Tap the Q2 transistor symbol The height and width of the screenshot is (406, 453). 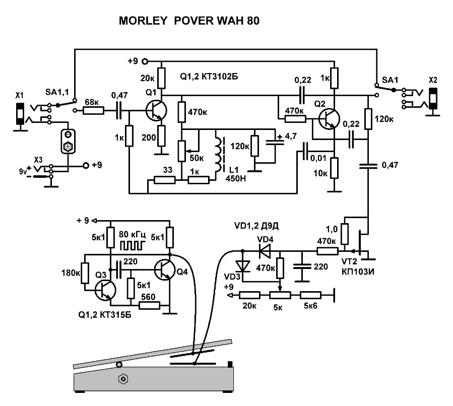(330, 118)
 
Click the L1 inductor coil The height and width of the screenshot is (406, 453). (219, 154)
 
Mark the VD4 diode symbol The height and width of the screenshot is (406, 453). (262, 249)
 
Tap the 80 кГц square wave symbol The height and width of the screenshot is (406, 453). (132, 245)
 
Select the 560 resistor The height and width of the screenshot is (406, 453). (149, 305)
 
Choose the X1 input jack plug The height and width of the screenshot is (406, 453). (20, 113)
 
